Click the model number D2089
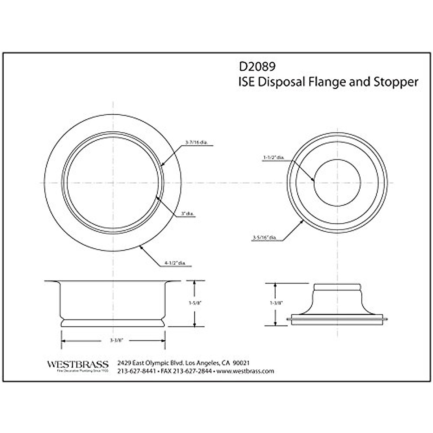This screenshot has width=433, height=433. [x=257, y=67]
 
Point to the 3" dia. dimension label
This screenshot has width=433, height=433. [x=188, y=214]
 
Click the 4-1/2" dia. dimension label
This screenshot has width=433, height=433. [x=175, y=263]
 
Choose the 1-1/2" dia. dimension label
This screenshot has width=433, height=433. [x=274, y=158]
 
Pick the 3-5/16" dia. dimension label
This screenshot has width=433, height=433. [x=265, y=237]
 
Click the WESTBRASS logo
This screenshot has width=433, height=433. [x=78, y=364]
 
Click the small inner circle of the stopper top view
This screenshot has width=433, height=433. [x=337, y=183]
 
